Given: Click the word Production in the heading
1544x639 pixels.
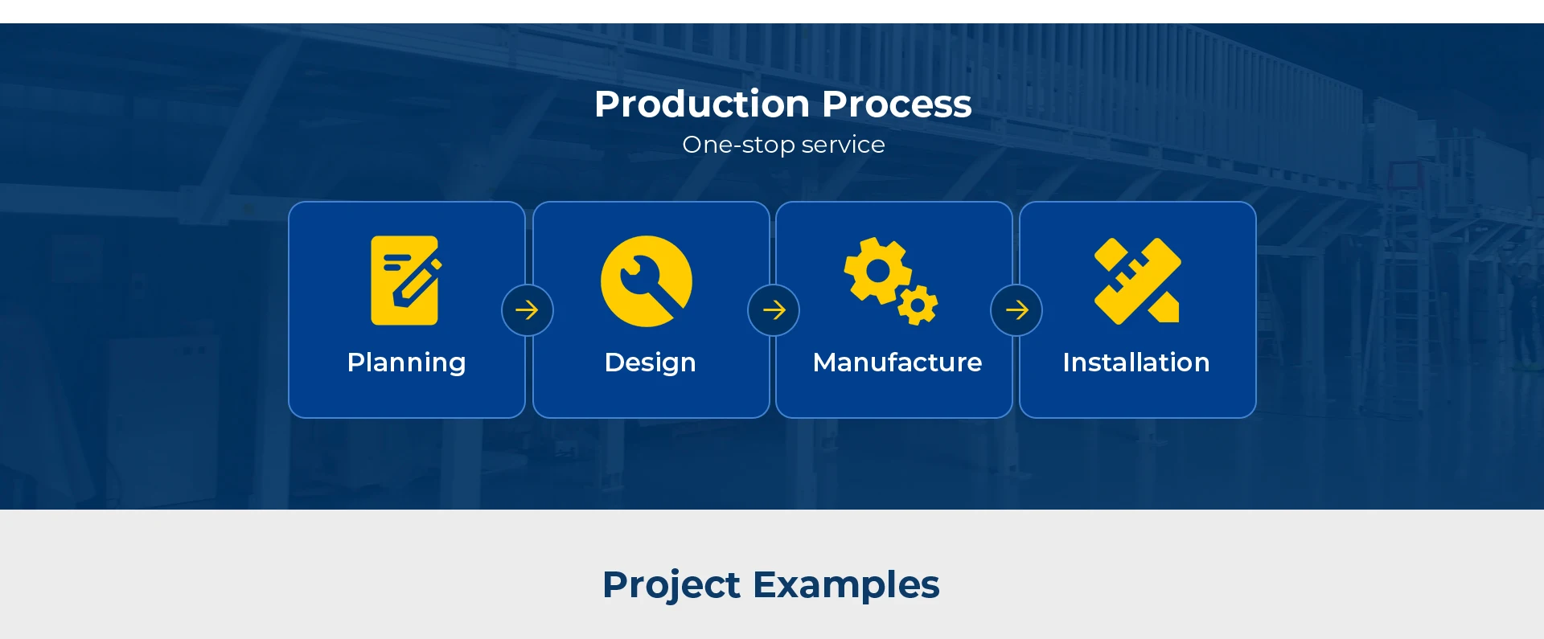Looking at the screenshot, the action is pos(702,104).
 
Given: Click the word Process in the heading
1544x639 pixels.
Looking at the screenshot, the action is pos(897,104).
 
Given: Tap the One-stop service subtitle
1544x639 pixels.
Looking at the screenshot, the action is pos(783,145).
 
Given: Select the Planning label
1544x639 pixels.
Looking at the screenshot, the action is pos(406,363).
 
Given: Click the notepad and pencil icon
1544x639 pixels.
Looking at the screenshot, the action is pos(405,281).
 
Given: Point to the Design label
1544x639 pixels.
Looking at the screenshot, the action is pos(650,363).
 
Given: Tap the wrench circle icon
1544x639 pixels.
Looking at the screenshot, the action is pos(647,281).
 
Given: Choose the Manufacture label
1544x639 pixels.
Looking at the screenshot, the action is pos(897,363).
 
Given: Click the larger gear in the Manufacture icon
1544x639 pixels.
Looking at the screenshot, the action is pos(877,271).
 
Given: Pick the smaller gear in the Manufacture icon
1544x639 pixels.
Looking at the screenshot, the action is pos(918,305).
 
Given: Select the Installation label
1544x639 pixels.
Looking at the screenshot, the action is pos(1136,363).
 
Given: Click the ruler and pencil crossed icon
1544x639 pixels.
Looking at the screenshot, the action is pos(1137,281).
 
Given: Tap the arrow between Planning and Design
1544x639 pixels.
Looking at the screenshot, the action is pos(527,310).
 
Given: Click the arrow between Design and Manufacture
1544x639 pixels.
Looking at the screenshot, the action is pos(774,310).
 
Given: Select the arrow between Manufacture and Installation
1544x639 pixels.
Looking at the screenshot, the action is pos(1016,310).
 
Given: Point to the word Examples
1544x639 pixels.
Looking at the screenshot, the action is pos(846,584).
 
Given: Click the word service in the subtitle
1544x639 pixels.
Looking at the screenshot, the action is pos(843,145).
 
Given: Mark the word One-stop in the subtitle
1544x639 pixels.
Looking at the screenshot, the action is pos(738,145).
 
